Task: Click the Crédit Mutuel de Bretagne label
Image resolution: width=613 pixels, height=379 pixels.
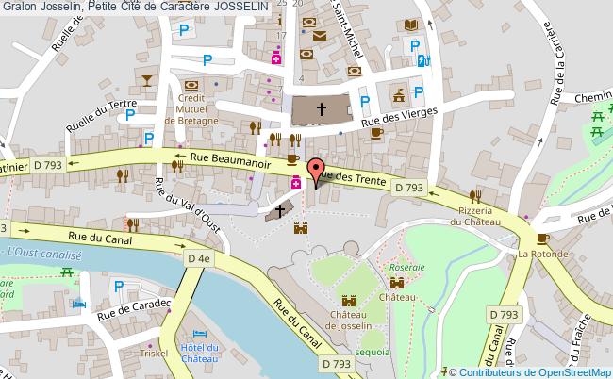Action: pyautogui.click(x=192, y=108)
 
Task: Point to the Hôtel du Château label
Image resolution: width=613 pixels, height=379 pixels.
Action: pyautogui.click(x=199, y=354)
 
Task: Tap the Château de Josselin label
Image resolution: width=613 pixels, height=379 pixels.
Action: pyautogui.click(x=350, y=320)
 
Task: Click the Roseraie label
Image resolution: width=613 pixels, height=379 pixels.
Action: pyautogui.click(x=406, y=267)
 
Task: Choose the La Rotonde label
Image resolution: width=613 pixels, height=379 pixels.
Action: pyautogui.click(x=542, y=255)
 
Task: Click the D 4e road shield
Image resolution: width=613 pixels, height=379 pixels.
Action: pyautogui.click(x=198, y=257)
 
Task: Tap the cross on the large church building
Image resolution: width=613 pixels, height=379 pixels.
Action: pyautogui.click(x=321, y=109)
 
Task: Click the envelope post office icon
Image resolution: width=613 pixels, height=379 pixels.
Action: pyautogui.click(x=320, y=36)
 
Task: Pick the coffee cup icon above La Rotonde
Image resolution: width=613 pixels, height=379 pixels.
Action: pyautogui.click(x=542, y=239)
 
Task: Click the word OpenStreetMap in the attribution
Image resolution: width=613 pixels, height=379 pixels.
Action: pyautogui.click(x=574, y=371)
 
